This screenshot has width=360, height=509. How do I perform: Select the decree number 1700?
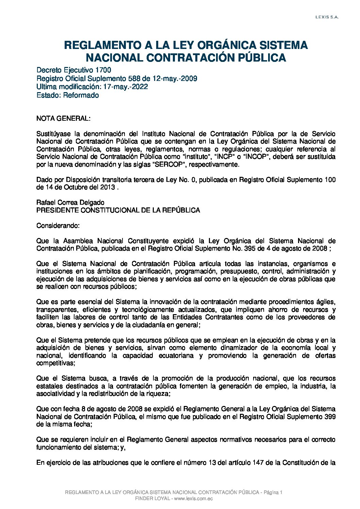tap(103, 70)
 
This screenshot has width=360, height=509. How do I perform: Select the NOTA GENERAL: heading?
tap(63, 119)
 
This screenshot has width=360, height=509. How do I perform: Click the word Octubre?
tap(77, 187)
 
